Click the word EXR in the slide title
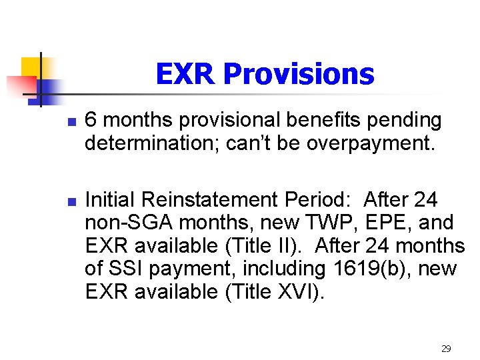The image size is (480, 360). (186, 74)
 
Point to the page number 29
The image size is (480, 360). (446, 348)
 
